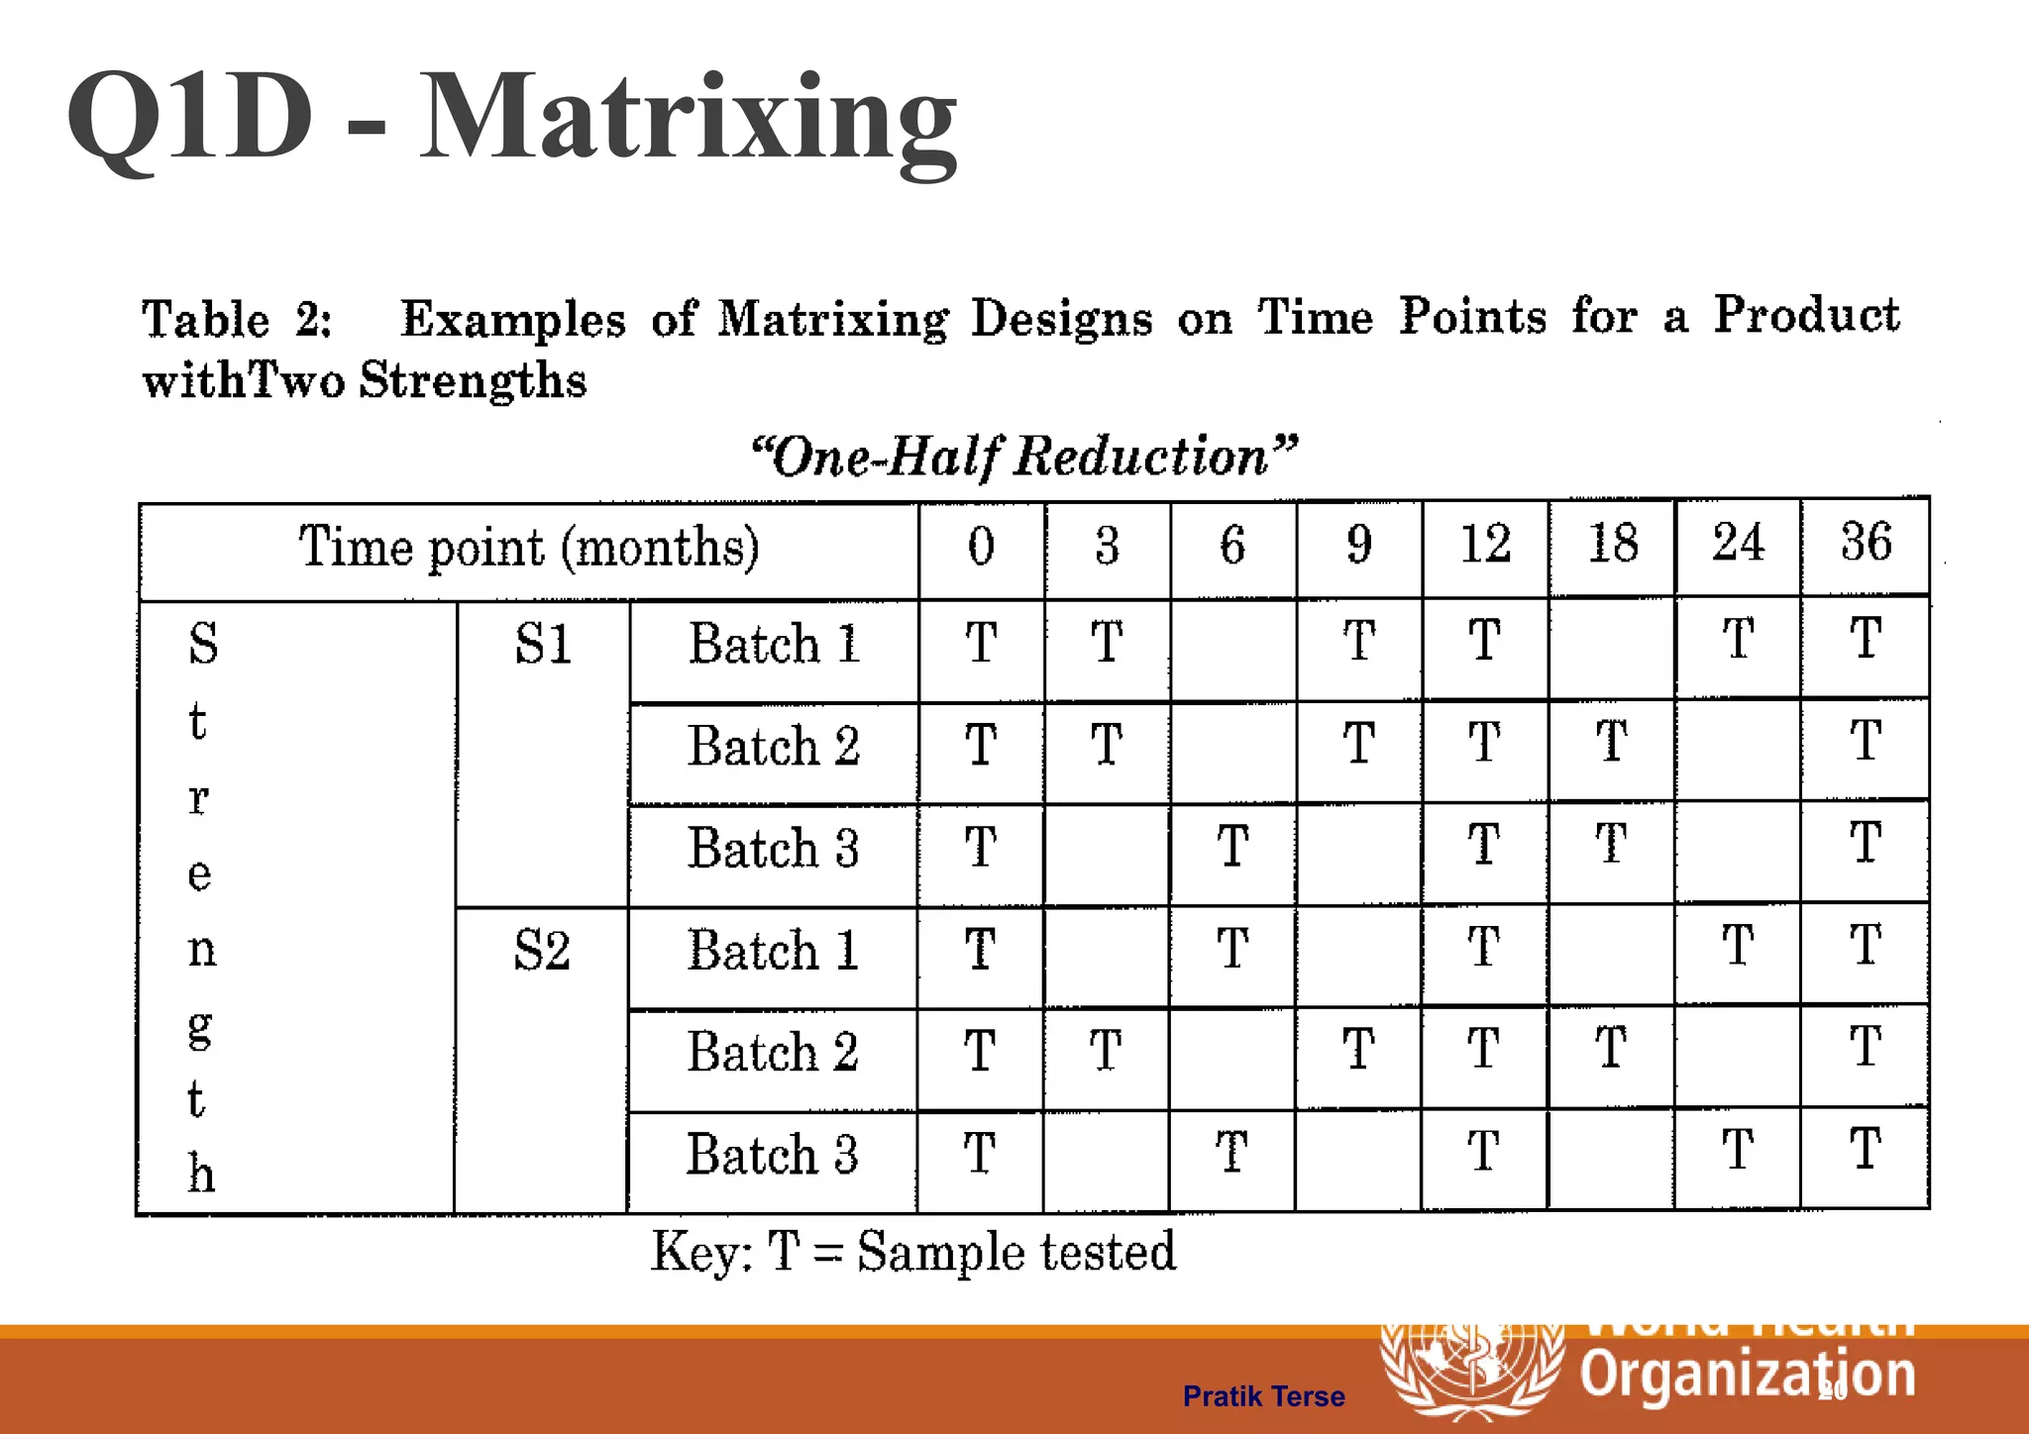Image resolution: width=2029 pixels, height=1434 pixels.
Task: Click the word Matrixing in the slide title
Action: [x=689, y=119]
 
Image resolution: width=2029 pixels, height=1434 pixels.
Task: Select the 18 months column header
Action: [x=1613, y=544]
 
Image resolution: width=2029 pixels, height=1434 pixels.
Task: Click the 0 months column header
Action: [x=981, y=546]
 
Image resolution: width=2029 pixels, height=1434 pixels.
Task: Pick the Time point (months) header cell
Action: [x=529, y=548]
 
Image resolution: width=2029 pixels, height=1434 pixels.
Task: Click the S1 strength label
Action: [x=543, y=645]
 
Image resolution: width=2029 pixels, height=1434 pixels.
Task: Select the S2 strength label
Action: [x=542, y=951]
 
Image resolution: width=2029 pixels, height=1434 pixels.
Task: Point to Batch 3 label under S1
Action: [x=773, y=849]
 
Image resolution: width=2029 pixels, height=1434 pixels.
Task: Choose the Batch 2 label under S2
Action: [x=773, y=1052]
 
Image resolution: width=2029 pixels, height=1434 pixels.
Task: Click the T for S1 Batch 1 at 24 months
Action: [x=1739, y=639]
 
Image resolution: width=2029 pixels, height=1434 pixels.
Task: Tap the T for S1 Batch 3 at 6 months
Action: [x=1232, y=847]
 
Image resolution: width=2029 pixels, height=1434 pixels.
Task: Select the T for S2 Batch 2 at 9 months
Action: [x=1358, y=1049]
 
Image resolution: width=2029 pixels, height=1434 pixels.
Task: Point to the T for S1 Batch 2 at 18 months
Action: [x=1612, y=742]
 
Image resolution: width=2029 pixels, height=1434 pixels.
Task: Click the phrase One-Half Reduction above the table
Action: [x=1023, y=457]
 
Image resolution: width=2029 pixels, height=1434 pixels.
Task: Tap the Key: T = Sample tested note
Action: [x=912, y=1251]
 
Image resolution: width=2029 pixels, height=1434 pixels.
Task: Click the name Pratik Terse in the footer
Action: [x=1263, y=1396]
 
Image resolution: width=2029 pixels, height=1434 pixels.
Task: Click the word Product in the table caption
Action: [x=1806, y=316]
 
